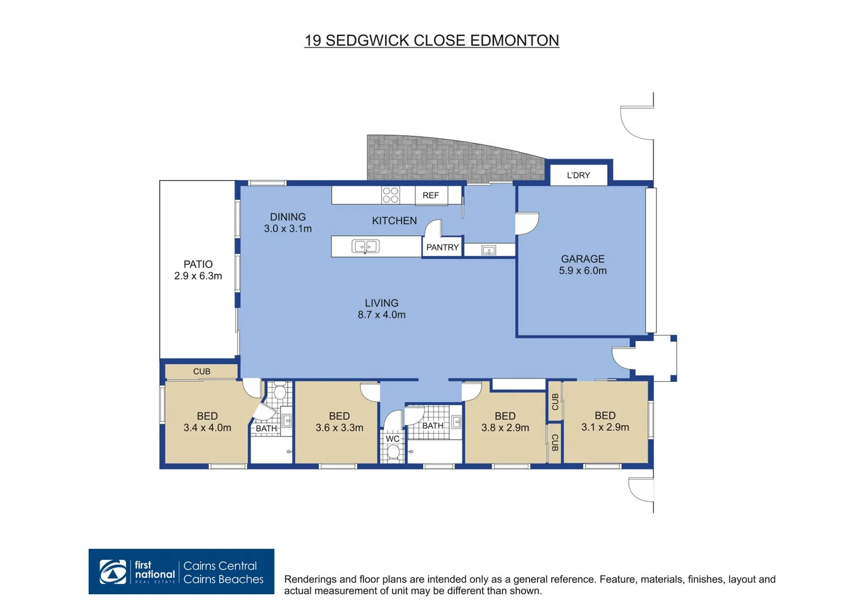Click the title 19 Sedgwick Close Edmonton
point(431,41)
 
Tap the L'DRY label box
point(578,175)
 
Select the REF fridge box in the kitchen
point(431,195)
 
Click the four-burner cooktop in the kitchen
point(390,195)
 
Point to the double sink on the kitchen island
point(366,247)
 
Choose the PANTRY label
point(442,247)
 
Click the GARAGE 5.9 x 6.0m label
point(583,265)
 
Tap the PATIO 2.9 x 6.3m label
point(198,270)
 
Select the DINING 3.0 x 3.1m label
point(287,223)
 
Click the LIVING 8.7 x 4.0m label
point(381,309)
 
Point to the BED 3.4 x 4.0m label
point(207,422)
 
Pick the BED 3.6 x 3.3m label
point(339,422)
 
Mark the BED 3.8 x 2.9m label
point(505,422)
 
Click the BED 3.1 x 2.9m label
point(605,421)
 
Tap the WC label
point(392,439)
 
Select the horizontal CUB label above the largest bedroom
point(201,372)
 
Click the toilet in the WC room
point(393,452)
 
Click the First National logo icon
point(113,572)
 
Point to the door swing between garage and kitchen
point(526,223)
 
